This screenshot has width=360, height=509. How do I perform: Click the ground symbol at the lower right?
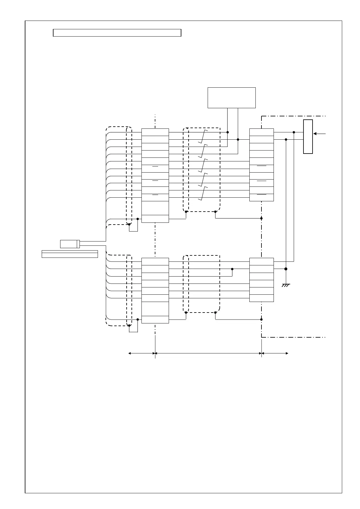(286, 285)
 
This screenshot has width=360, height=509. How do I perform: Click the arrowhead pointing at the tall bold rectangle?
(315, 134)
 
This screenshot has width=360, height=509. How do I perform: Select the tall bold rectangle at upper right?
(308, 137)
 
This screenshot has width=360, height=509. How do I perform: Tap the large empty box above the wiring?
(232, 98)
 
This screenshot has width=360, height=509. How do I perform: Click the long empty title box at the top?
(117, 33)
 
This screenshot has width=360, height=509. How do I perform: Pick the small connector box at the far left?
(70, 244)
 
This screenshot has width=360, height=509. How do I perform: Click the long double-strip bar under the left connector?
(70, 254)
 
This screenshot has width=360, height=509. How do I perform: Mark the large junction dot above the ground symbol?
(286, 269)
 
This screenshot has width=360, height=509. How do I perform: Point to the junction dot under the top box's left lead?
(228, 132)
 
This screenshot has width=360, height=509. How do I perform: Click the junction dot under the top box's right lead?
(238, 139)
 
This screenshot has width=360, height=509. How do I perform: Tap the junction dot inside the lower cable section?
(232, 269)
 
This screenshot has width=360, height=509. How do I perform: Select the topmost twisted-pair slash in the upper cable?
(203, 136)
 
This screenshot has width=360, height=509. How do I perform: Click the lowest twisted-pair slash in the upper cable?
(203, 193)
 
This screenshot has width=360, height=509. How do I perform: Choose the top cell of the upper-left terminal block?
(155, 132)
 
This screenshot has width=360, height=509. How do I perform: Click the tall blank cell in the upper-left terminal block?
(155, 208)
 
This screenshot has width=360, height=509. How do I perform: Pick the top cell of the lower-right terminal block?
(261, 261)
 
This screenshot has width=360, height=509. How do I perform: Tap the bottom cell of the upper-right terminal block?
(261, 197)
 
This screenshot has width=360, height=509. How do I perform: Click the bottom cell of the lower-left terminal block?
(155, 319)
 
